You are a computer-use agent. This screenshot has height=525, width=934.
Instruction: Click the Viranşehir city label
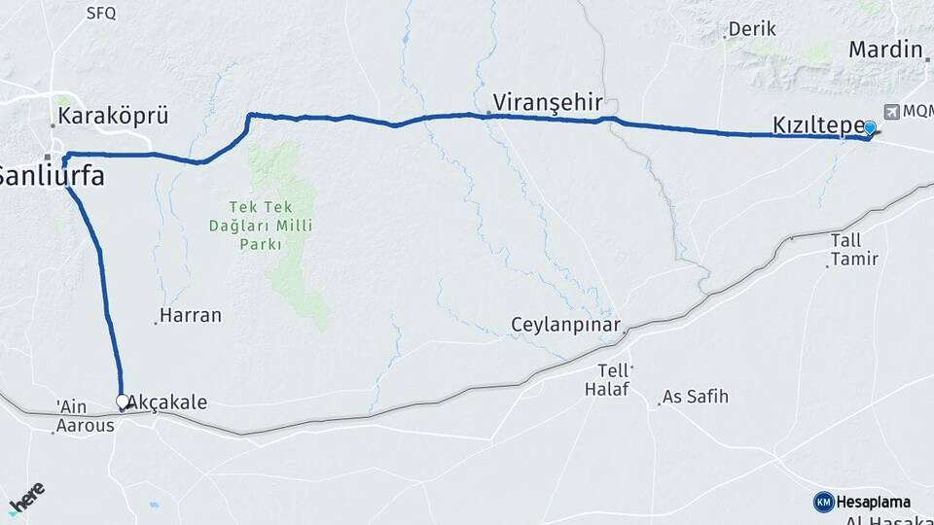click(x=547, y=102)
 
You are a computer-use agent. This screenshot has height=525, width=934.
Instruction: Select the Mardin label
click(x=885, y=49)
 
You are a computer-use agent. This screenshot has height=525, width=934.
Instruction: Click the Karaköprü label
click(x=113, y=116)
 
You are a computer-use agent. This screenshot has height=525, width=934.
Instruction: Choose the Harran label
click(x=190, y=315)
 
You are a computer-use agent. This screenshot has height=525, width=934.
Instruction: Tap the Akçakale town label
click(x=167, y=402)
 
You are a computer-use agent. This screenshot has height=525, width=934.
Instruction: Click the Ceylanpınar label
click(x=565, y=324)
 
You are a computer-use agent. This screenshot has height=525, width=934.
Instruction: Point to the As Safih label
click(x=695, y=397)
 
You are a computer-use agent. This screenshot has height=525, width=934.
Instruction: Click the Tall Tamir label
click(x=854, y=249)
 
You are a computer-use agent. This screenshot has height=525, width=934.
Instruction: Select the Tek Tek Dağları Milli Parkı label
click(x=260, y=226)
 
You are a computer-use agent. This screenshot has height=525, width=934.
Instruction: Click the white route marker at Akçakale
click(x=123, y=401)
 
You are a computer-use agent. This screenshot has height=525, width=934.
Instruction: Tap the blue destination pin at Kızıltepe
click(x=870, y=128)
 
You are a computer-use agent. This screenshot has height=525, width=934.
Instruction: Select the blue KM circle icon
click(x=823, y=502)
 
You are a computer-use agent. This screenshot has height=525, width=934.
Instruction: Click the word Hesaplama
click(x=874, y=502)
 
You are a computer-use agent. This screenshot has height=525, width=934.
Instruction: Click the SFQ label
click(x=100, y=13)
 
